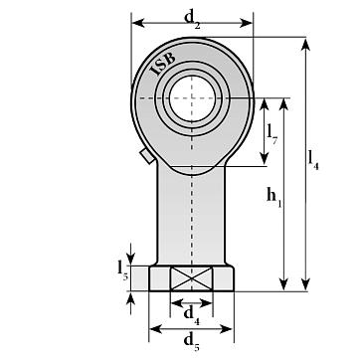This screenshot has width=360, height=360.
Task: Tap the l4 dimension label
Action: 313,160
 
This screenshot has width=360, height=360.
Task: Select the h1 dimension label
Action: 273,198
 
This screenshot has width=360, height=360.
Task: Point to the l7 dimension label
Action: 272,134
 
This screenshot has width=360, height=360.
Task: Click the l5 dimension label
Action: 122,270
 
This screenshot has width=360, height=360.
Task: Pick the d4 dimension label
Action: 192,315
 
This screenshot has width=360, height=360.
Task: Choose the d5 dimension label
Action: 192,342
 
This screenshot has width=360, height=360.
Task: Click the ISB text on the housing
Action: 163,64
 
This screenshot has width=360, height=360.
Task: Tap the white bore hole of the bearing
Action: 192,97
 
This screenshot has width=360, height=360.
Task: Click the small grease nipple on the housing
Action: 147,156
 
